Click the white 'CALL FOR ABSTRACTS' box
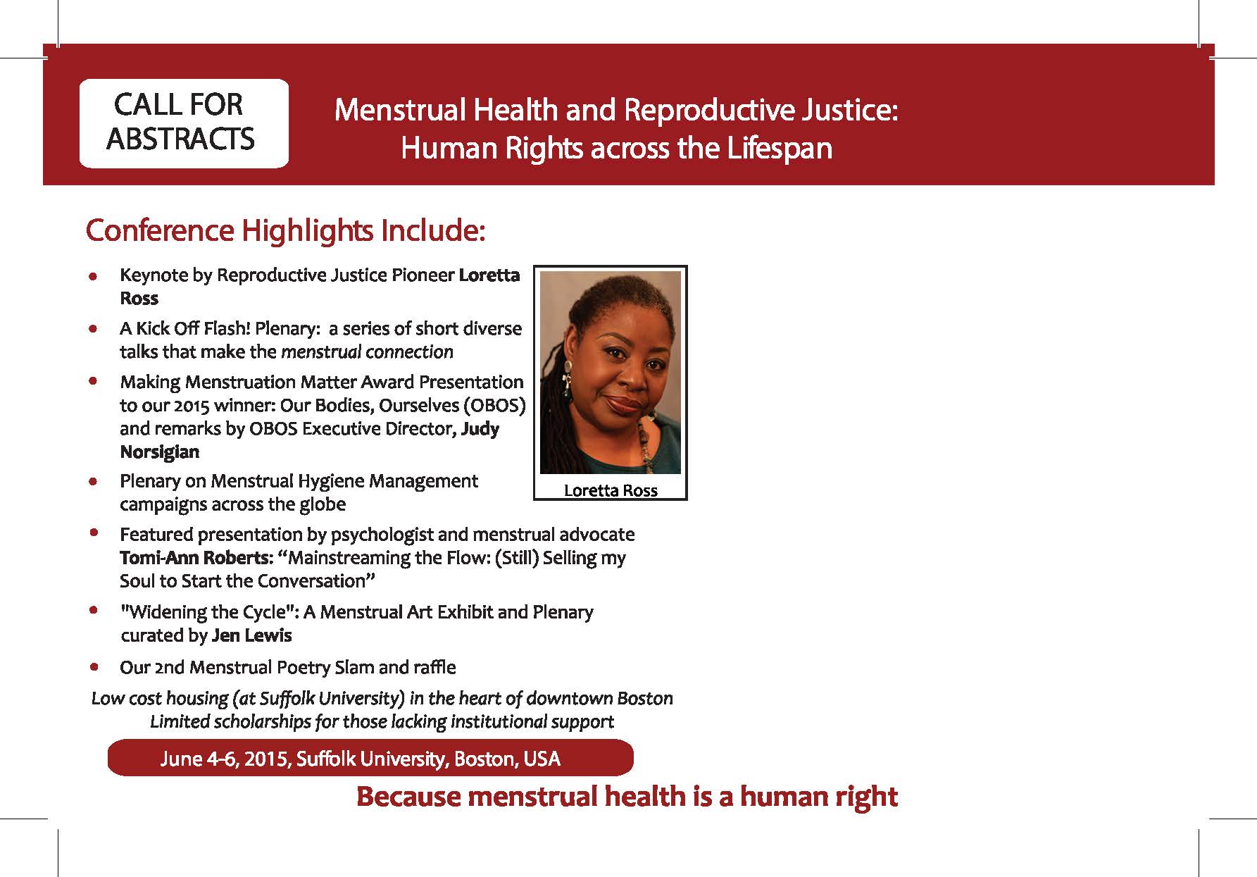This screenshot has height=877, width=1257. [184, 123]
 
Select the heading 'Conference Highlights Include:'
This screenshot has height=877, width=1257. [285, 231]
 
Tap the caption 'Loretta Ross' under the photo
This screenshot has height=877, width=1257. [611, 490]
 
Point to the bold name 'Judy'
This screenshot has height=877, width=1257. [480, 429]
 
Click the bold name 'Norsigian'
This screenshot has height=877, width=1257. [160, 452]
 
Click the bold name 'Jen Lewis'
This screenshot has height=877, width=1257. [251, 635]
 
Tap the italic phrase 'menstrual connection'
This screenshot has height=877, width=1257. [367, 352]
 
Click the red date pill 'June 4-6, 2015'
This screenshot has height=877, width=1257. [370, 758]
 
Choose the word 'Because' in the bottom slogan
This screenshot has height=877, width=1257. [408, 797]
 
